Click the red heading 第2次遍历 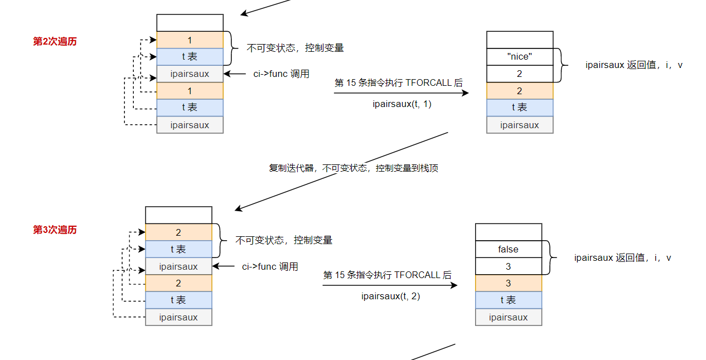[x=55, y=41]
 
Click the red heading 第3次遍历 [x=55, y=230]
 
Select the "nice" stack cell [x=520, y=56]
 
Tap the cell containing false [x=508, y=249]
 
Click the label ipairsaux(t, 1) [x=402, y=104]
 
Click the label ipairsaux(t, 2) [x=390, y=296]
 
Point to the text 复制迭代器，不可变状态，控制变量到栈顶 [x=354, y=168]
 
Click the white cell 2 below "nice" [x=520, y=74]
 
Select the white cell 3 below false [x=508, y=266]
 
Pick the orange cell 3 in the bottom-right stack [x=508, y=283]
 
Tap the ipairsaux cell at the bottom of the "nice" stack [x=520, y=125]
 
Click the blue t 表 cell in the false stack [x=508, y=300]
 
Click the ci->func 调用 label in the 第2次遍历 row [x=281, y=74]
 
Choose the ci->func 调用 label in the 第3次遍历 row [x=270, y=266]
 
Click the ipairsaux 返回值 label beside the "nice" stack [x=634, y=65]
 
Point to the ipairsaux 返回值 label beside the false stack [x=622, y=257]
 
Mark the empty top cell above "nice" [x=520, y=40]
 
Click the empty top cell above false [x=508, y=232]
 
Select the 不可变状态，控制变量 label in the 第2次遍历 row [x=295, y=48]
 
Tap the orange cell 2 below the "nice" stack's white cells [x=520, y=91]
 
